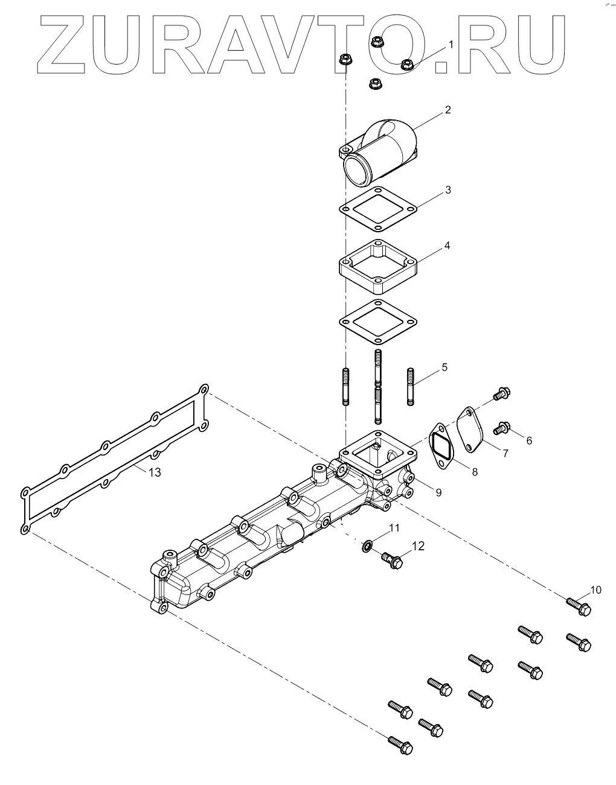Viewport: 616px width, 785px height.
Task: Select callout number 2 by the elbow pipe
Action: pos(448,110)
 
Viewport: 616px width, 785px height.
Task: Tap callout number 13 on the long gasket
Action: pos(155,472)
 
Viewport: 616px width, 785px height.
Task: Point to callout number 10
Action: pos(595,590)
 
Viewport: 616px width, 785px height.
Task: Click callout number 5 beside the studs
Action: pos(444,367)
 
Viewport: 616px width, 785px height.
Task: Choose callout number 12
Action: pos(418,546)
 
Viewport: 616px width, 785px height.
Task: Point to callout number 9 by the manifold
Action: pos(438,492)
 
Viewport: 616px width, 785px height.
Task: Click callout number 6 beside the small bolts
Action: pos(529,440)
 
